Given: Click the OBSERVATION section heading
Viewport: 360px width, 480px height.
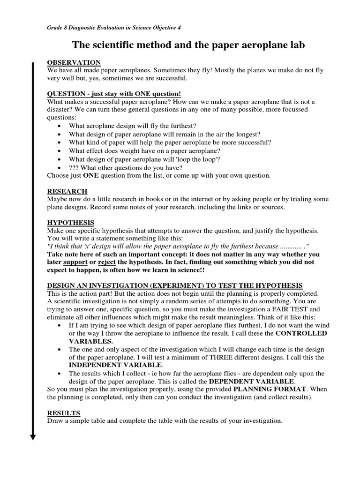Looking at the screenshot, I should (x=74, y=62).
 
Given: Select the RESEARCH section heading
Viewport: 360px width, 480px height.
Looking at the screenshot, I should (x=67, y=191).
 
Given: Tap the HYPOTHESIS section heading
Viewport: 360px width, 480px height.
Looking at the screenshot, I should (x=71, y=223).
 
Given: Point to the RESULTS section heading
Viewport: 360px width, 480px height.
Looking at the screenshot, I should (x=64, y=413).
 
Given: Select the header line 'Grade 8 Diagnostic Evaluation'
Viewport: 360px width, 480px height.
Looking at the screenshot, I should (x=114, y=28).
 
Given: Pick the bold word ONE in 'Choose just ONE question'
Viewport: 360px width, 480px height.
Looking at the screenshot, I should (x=90, y=176).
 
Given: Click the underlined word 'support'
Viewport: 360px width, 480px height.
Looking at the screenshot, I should (x=75, y=262).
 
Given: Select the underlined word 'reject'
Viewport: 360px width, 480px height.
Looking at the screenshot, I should (x=107, y=262).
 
